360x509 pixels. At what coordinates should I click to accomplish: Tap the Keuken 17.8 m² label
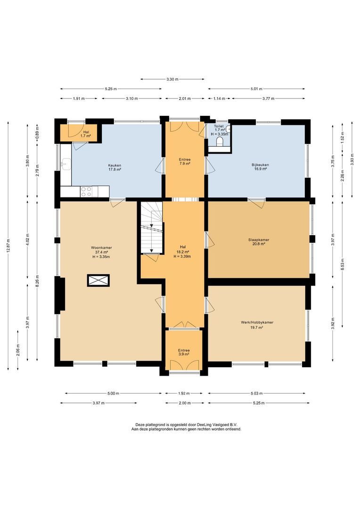coord(115,168)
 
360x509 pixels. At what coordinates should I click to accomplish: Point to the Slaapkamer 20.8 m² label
coord(259,242)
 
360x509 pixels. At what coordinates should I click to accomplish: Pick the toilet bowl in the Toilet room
coord(220,142)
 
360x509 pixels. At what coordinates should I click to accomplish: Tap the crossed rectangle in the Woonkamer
coord(98,280)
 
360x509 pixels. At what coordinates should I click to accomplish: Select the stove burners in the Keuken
coord(86,191)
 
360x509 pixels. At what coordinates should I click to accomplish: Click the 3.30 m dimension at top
coord(172,79)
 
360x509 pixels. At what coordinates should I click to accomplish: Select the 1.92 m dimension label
coord(184,394)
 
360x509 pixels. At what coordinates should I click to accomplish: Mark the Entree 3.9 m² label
coord(183,352)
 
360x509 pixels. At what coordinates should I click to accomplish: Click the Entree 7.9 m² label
coord(184,162)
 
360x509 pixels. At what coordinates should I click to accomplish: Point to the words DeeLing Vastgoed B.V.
coord(209,425)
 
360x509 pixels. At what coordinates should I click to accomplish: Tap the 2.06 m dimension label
coord(17,349)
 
